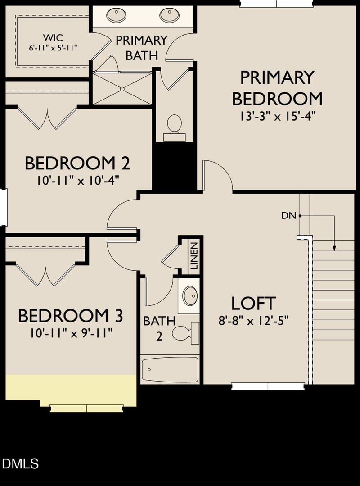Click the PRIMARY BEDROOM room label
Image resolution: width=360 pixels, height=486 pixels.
pyautogui.click(x=277, y=88)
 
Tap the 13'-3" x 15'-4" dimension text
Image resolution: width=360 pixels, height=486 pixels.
pyautogui.click(x=277, y=116)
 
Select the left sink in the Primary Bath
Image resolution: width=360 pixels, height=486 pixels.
pyautogui.click(x=116, y=15)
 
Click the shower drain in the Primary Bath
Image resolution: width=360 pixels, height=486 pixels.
pyautogui.click(x=121, y=89)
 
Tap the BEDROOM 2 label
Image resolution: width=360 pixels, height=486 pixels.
pyautogui.click(x=77, y=163)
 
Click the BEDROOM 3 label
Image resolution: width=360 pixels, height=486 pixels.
pyautogui.click(x=71, y=316)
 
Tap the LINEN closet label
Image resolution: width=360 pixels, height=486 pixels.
pyautogui.click(x=194, y=256)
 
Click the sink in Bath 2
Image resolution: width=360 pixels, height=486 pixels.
pyautogui.click(x=190, y=296)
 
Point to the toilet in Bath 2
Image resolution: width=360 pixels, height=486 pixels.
pyautogui.click(x=184, y=333)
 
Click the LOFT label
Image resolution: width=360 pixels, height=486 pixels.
pyautogui.click(x=253, y=303)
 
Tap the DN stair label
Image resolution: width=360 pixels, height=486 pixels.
pyautogui.click(x=288, y=216)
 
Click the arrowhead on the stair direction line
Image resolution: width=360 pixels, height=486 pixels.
pyautogui.click(x=334, y=247)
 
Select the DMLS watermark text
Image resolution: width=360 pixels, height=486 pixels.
pyautogui.click(x=21, y=463)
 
